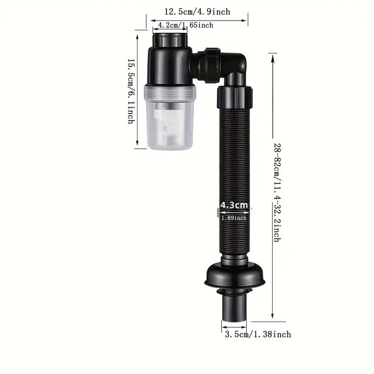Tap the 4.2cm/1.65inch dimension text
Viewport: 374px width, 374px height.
[x=186, y=25]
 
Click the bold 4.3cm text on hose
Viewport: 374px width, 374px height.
[x=233, y=205]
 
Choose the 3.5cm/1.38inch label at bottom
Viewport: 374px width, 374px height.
[x=258, y=334]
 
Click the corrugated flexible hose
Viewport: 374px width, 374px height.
[x=233, y=178]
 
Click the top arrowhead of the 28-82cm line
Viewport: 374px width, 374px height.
[x=273, y=56]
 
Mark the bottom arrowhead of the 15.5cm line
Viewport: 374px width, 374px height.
[x=137, y=145]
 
